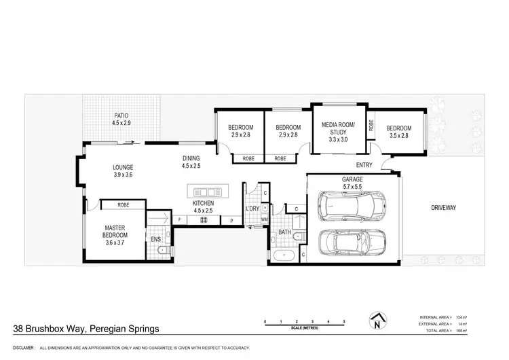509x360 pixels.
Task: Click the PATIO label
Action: (x=121, y=115)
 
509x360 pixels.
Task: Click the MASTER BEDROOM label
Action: (x=116, y=232)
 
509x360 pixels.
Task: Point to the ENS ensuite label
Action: (x=155, y=239)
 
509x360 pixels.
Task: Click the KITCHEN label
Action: (x=204, y=203)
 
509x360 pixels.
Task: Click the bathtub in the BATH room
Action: (x=283, y=255)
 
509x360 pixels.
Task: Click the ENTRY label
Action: (x=364, y=165)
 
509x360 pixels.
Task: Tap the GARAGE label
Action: (x=352, y=179)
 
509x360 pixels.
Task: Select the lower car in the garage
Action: (x=352, y=241)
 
